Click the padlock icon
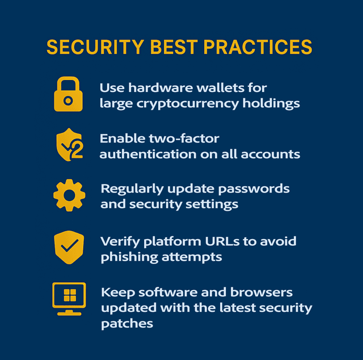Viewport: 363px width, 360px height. point(68,94)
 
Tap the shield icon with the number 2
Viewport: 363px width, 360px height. point(69,145)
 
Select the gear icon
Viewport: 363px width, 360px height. point(69,195)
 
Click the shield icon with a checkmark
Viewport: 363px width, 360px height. point(69,248)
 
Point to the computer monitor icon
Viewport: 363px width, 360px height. point(69,299)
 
